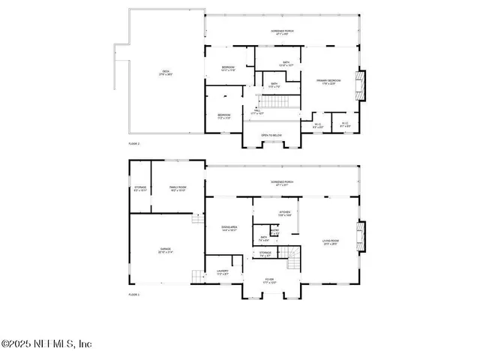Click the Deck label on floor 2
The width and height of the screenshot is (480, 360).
165,73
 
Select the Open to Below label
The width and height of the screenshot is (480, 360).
271,135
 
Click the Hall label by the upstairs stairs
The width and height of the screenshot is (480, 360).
258,112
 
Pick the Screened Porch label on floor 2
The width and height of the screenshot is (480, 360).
281,31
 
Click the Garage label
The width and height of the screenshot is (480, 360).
165,250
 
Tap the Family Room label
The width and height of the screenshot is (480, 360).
177,189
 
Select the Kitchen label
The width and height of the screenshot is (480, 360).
285,214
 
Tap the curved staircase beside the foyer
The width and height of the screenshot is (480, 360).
295,259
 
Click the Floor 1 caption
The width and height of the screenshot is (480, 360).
134,295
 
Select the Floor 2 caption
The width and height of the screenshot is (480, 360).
134,142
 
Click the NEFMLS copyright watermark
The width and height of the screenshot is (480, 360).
46,344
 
